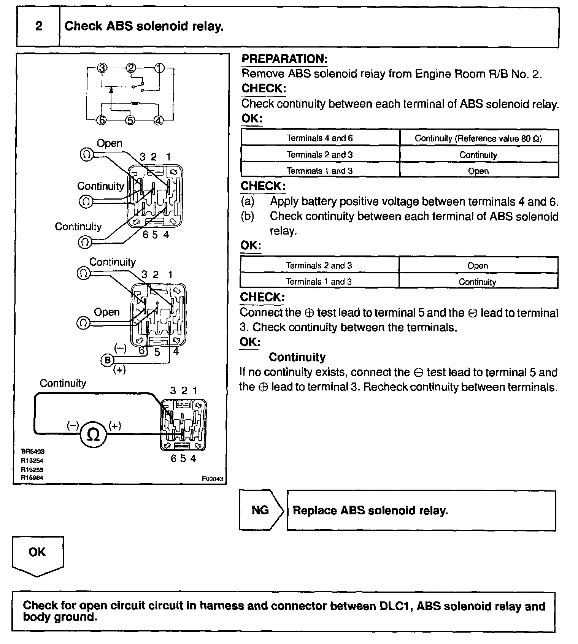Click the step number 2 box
[x=38, y=27]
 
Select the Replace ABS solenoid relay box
[x=421, y=511]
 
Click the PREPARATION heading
[x=284, y=59]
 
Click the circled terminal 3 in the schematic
[x=102, y=68]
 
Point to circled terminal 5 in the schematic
[x=130, y=121]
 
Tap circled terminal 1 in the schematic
[x=159, y=68]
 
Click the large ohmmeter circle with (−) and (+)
[x=93, y=434]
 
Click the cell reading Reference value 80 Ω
[x=478, y=138]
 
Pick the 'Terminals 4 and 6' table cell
[x=320, y=138]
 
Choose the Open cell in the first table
[x=478, y=171]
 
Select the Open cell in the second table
[x=478, y=266]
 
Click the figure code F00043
[x=213, y=479]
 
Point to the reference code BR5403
[x=33, y=452]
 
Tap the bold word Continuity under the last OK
[x=297, y=357]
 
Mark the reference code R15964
[x=32, y=478]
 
